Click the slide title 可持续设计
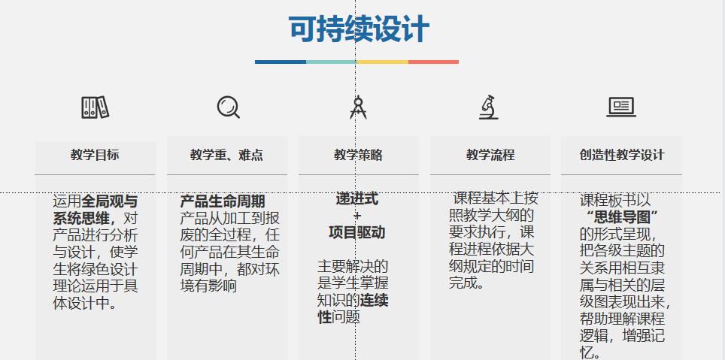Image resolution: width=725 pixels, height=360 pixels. (359, 29)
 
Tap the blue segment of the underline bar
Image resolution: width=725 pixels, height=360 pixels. (281, 62)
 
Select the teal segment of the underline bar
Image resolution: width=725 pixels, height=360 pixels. (332, 62)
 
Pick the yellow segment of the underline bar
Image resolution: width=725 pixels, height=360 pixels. (382, 62)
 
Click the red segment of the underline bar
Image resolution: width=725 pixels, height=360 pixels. (433, 62)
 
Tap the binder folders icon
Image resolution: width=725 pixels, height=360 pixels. (96, 107)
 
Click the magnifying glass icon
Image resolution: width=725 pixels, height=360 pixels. (229, 107)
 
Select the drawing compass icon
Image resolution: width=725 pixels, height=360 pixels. (358, 107)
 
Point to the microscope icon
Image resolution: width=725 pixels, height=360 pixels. (489, 107)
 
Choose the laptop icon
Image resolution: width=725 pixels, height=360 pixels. (621, 107)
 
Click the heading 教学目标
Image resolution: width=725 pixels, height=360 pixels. (95, 155)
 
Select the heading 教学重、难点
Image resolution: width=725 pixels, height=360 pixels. (226, 155)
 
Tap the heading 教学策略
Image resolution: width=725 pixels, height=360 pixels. (358, 155)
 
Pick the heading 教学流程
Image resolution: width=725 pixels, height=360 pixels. (490, 155)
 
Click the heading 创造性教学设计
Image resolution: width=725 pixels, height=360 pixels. (622, 155)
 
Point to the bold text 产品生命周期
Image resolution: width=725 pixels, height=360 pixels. (223, 201)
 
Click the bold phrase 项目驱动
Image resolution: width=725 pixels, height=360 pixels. (357, 232)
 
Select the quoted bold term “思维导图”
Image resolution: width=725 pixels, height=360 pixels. (620, 216)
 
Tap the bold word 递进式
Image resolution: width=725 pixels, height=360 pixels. (357, 199)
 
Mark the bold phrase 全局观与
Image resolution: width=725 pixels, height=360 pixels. (110, 201)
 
